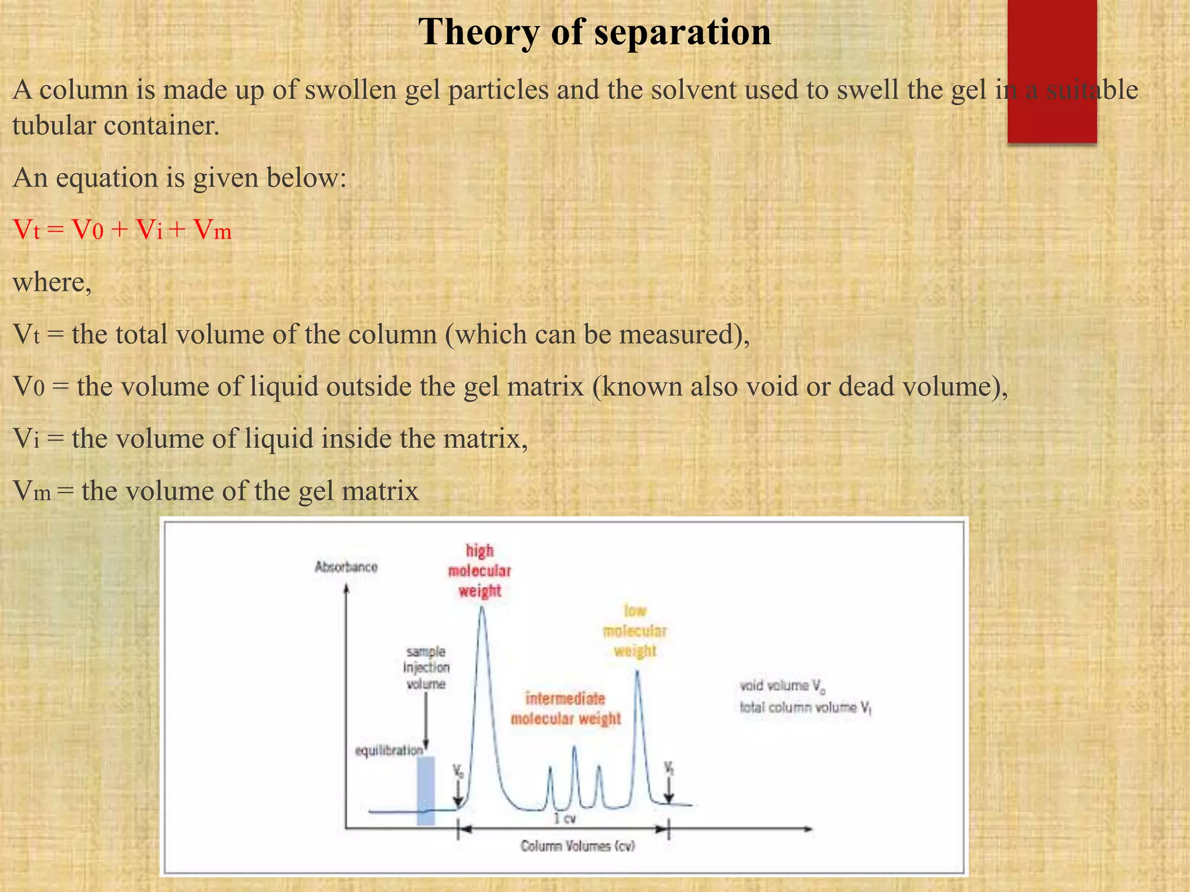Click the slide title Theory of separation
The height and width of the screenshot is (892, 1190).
click(594, 32)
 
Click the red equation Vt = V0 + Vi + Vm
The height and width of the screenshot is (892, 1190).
click(122, 231)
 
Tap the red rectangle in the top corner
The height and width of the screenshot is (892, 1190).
click(1052, 70)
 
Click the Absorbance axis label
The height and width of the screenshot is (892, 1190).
click(346, 567)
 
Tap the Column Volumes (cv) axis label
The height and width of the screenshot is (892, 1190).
click(578, 846)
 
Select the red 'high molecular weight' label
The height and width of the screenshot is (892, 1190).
click(479, 571)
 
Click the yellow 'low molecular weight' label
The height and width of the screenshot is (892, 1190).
click(635, 631)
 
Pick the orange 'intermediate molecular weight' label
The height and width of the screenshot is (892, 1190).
click(565, 708)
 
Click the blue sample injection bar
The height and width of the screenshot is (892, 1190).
click(425, 790)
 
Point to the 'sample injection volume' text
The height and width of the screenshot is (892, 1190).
click(426, 668)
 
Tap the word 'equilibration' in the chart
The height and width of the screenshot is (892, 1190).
click(389, 750)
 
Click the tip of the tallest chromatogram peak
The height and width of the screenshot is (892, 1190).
click(482, 607)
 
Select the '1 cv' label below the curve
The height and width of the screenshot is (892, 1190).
click(564, 819)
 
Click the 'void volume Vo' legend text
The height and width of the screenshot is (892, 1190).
click(782, 686)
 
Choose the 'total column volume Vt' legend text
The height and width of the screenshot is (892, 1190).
click(805, 707)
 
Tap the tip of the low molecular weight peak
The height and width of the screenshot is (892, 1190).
click(637, 672)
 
